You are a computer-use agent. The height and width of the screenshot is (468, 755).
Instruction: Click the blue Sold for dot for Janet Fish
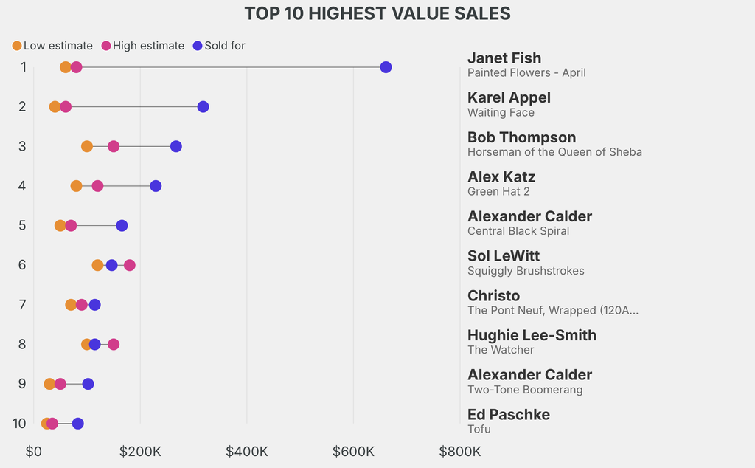click(386, 67)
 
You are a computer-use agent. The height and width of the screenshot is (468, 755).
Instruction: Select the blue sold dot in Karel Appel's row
click(203, 106)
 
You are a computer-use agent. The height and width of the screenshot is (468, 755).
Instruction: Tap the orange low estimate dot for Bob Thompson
click(87, 146)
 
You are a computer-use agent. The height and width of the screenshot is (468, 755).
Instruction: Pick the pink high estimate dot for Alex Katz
click(97, 185)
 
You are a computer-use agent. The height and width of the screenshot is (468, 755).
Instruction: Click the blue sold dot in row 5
click(122, 225)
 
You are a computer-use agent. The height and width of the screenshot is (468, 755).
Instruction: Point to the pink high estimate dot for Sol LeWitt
click(130, 264)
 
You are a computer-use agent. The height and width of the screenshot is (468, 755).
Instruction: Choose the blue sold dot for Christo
click(95, 305)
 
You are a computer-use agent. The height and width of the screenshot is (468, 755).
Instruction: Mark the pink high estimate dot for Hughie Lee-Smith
click(113, 344)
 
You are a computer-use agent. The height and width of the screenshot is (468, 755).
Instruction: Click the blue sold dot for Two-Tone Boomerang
click(88, 384)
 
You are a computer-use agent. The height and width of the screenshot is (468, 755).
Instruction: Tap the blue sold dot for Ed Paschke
click(77, 423)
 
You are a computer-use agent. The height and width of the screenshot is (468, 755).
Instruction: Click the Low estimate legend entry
click(52, 46)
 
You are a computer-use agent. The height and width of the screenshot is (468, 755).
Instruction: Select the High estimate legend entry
click(143, 46)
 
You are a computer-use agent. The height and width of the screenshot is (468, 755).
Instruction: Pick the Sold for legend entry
click(219, 46)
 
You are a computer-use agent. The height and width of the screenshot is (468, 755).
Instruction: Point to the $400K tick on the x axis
click(247, 452)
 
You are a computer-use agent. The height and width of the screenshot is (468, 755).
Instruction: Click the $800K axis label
click(460, 452)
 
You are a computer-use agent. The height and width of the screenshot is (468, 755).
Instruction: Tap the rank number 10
click(19, 423)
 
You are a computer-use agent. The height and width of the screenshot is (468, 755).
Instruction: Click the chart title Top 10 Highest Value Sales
click(377, 13)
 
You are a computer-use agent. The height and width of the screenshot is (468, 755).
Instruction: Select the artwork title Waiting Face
click(501, 112)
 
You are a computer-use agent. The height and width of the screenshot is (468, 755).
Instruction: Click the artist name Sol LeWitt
click(504, 255)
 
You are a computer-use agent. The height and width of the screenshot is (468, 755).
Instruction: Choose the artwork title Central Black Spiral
click(518, 231)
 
